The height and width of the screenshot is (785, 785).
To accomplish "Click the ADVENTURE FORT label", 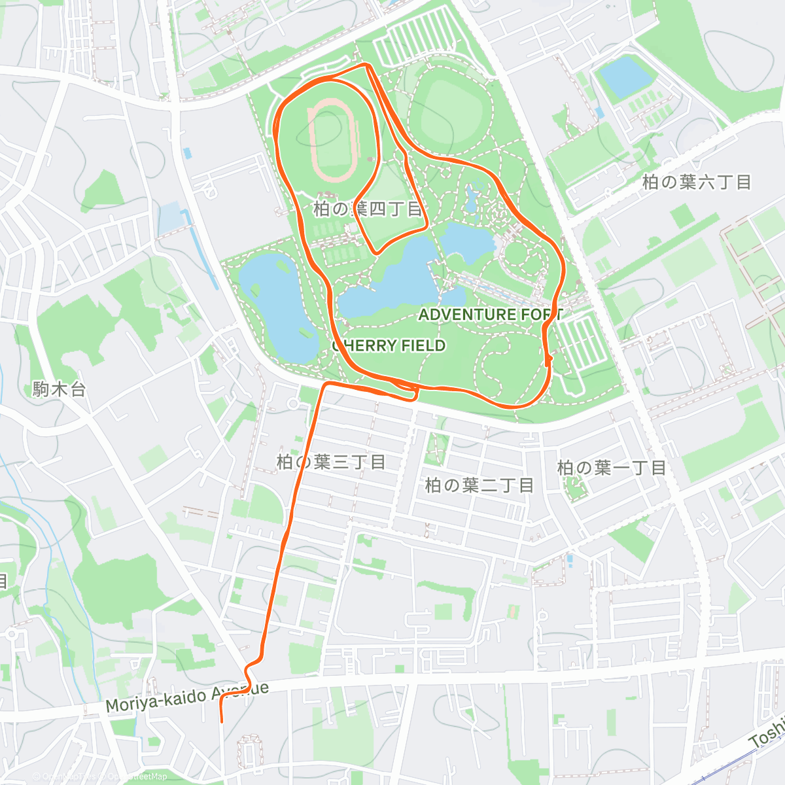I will tap(490, 315).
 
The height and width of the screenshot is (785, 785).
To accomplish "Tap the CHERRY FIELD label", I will tap(389, 345).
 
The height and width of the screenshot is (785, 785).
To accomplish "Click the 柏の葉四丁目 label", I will tap(368, 209).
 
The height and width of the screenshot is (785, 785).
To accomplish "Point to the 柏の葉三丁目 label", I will tap(331, 462).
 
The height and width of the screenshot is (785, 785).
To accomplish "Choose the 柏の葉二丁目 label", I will tap(480, 485).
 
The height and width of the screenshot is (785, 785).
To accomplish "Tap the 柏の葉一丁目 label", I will tap(612, 468).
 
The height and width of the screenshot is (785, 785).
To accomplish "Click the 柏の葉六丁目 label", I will tap(697, 182).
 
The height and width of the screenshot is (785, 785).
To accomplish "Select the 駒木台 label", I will tap(60, 390).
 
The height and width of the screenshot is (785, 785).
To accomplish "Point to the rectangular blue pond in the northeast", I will tap(626, 75).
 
